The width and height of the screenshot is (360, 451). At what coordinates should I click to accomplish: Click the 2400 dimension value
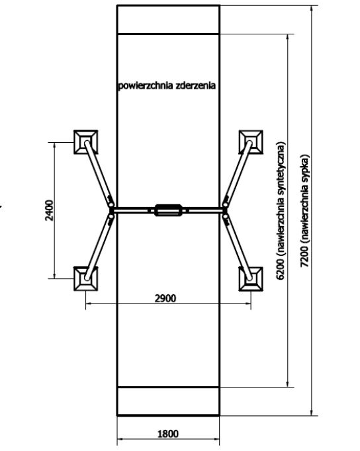(x=50, y=210)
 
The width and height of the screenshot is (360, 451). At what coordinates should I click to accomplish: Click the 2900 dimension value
(x=165, y=298)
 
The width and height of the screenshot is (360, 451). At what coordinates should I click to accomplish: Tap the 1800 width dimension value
(x=168, y=433)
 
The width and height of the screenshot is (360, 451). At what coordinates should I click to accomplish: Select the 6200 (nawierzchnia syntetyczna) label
(x=281, y=210)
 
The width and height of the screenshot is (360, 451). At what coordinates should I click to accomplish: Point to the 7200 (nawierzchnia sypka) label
(x=305, y=211)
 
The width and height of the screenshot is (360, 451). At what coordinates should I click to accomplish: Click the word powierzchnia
(x=146, y=86)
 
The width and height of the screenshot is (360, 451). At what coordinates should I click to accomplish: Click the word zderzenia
(x=196, y=85)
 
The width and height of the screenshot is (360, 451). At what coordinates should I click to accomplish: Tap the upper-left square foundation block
(x=86, y=142)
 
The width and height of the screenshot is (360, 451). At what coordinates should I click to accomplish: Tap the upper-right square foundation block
(x=251, y=142)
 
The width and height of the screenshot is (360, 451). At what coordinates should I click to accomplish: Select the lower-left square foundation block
(x=86, y=278)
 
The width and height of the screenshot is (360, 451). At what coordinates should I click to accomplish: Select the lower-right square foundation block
(x=251, y=278)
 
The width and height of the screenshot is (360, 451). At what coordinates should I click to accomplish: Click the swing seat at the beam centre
(x=168, y=210)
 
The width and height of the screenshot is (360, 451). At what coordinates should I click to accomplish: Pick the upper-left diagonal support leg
(x=99, y=173)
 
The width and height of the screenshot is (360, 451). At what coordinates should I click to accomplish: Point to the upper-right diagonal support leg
(x=238, y=173)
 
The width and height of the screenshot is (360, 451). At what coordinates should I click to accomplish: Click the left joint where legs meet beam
(x=111, y=210)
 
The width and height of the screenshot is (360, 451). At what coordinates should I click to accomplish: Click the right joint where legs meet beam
(x=225, y=210)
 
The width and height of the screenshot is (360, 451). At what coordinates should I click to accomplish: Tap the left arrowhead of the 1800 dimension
(x=120, y=439)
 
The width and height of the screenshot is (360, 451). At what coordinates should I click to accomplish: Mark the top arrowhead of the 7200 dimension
(x=312, y=9)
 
